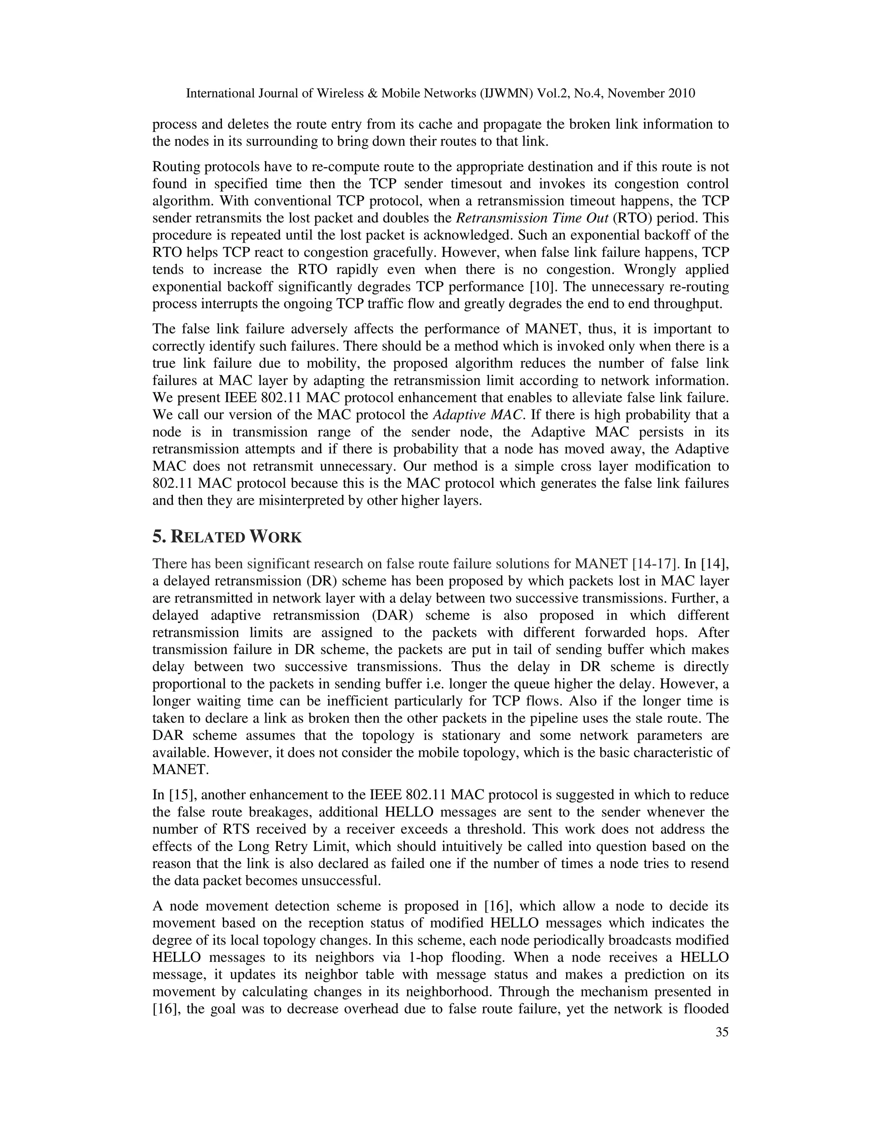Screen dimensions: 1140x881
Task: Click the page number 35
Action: (722, 1032)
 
